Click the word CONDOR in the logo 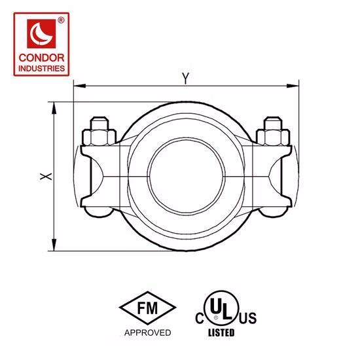pos(44,58)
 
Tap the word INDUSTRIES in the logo pos(44,67)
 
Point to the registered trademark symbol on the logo pos(61,21)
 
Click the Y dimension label pos(186,77)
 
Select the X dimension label pos(43,176)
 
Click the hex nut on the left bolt pos(99,137)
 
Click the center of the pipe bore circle pos(185,175)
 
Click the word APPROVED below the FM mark pos(148,333)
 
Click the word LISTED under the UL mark pos(221,333)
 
